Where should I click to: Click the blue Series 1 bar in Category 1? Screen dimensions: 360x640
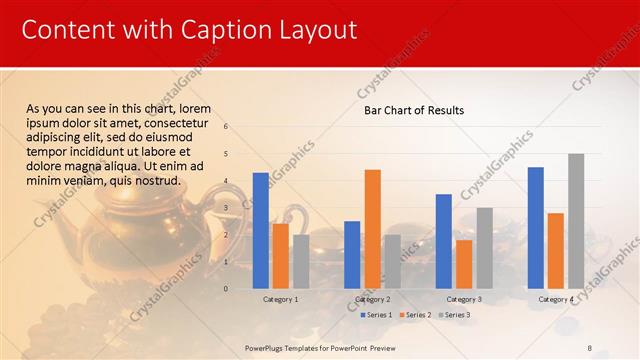tap(260, 230)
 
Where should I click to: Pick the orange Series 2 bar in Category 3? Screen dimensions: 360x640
tap(464, 264)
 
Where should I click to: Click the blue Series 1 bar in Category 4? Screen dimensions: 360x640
tap(536, 227)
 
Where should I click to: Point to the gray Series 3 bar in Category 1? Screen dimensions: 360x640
tap(301, 261)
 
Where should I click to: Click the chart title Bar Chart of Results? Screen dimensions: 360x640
tap(413, 110)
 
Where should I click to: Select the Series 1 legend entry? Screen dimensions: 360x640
tap(377, 315)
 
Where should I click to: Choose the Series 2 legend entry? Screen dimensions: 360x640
tap(417, 315)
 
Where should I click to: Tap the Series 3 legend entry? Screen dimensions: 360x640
tap(457, 315)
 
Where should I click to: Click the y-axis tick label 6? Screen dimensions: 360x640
tap(227, 127)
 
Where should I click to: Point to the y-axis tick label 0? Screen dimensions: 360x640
tap(227, 289)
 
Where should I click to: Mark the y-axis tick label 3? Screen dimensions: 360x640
tap(227, 208)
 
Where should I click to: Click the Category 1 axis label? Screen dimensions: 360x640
tap(280, 299)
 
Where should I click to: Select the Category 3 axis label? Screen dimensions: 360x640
tap(464, 299)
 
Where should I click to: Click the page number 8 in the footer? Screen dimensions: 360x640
tap(590, 347)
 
